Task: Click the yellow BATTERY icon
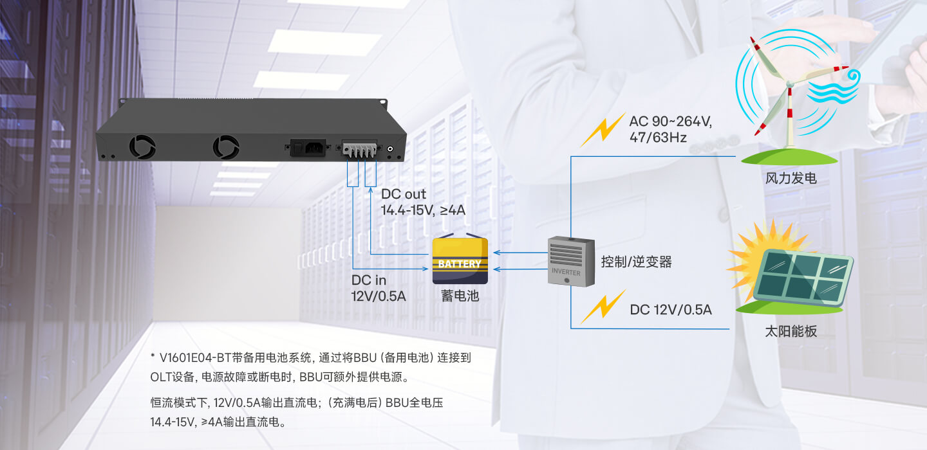tap(460, 260)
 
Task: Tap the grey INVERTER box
tap(571, 262)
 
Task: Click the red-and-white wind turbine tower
tap(790, 116)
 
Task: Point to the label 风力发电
tap(791, 178)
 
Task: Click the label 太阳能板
tap(791, 332)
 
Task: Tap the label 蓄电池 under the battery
tap(460, 296)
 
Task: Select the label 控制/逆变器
tap(636, 262)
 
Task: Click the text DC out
tap(403, 194)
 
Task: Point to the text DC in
tap(369, 280)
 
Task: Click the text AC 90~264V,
tap(670, 122)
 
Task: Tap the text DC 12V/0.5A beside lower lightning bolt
tap(671, 309)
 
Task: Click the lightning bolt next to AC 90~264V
tap(603, 129)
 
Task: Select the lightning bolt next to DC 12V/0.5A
tap(603, 306)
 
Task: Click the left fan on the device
tap(142, 147)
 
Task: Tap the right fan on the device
tap(226, 147)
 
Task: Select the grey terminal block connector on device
tap(359, 149)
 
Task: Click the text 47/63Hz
tap(658, 137)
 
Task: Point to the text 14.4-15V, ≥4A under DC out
tap(423, 210)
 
